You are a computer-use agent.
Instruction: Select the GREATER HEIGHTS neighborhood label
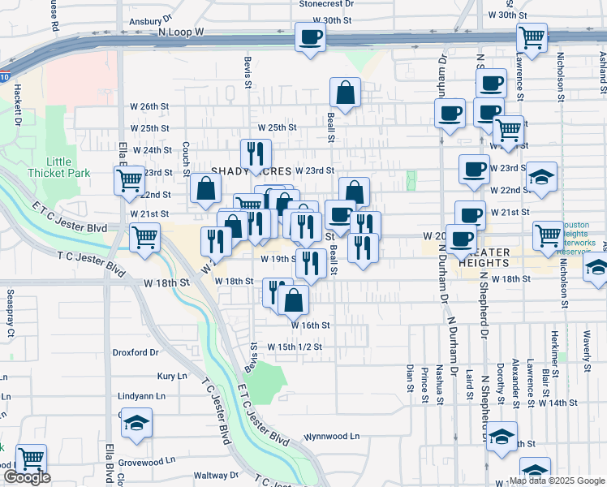[484, 257]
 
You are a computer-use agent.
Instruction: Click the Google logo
[27, 478]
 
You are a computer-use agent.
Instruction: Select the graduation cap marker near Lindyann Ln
[137, 423]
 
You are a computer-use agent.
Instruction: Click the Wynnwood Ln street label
[332, 436]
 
